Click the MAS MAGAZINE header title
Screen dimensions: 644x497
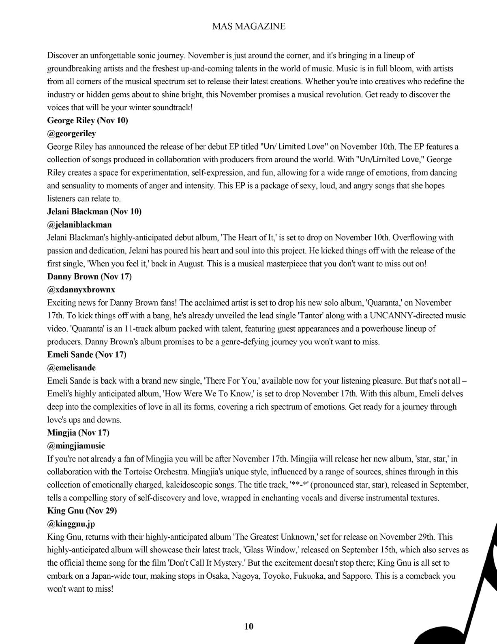(x=248, y=26)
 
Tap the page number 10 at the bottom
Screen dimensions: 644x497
(x=249, y=626)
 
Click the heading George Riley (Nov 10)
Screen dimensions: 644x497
(x=88, y=120)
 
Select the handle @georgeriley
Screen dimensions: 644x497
(x=72, y=133)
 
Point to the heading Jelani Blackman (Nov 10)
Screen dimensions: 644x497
(x=94, y=211)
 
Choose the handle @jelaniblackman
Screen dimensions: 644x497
(x=79, y=224)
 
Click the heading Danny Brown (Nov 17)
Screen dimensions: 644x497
(x=89, y=277)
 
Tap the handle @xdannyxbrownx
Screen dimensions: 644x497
(x=81, y=290)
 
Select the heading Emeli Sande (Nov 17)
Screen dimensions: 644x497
(x=87, y=354)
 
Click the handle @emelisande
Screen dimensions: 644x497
(x=72, y=367)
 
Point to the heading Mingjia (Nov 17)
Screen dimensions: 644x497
(x=78, y=432)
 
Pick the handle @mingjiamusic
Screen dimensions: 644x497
(x=76, y=445)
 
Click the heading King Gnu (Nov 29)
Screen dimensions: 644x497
(x=82, y=511)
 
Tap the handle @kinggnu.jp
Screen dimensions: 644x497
(x=71, y=524)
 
